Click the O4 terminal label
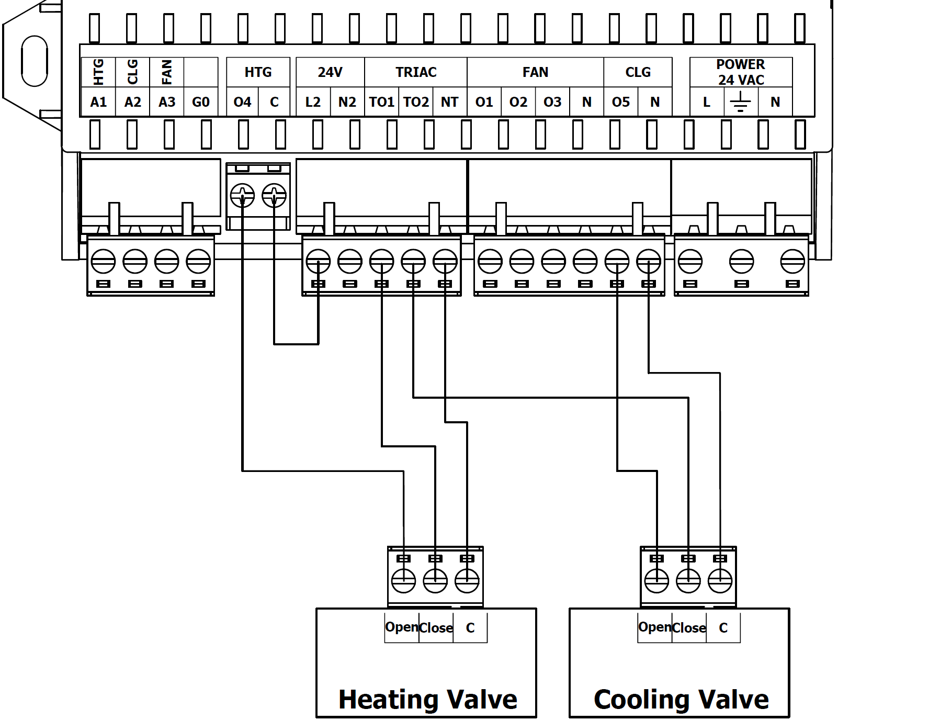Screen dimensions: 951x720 [242, 102]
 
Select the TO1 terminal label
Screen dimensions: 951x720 [381, 102]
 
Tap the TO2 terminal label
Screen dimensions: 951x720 [416, 102]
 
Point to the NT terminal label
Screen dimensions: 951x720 [449, 102]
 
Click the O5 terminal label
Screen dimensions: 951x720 [621, 102]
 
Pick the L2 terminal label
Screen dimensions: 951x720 [313, 102]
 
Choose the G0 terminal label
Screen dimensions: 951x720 [201, 102]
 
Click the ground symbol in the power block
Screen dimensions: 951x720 [740, 102]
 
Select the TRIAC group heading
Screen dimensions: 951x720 [416, 72]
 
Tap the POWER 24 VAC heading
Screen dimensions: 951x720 [741, 72]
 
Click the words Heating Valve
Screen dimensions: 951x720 [428, 700]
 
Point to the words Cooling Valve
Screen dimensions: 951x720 [681, 700]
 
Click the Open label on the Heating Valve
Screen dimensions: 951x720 [401, 627]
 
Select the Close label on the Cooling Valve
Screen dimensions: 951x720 [689, 627]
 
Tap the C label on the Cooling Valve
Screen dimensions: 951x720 [723, 627]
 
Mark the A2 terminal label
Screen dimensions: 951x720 [132, 102]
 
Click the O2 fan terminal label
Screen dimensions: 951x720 [518, 102]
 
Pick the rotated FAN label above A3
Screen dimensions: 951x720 [167, 72]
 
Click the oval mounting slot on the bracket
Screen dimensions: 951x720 [35, 61]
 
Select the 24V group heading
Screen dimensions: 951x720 [330, 72]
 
